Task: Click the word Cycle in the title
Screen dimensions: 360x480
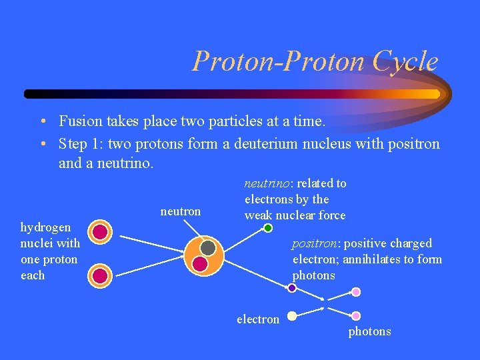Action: pyautogui.click(x=405, y=61)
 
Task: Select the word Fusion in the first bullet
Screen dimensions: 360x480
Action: pyautogui.click(x=80, y=121)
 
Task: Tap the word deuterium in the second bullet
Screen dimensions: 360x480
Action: pyautogui.click(x=266, y=144)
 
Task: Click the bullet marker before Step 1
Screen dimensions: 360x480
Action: pyautogui.click(x=42, y=144)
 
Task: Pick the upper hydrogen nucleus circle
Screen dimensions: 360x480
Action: pyautogui.click(x=100, y=232)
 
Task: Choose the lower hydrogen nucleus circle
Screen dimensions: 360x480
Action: pyautogui.click(x=100, y=275)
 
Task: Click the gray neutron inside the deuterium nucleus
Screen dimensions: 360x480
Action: pyautogui.click(x=208, y=248)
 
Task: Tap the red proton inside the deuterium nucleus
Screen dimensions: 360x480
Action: pyautogui.click(x=200, y=264)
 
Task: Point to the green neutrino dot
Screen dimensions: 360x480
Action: pyautogui.click(x=268, y=228)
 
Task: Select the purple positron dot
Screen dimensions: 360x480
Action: pyautogui.click(x=292, y=288)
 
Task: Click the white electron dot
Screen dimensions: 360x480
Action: pyautogui.click(x=292, y=316)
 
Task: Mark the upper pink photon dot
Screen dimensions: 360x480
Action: pyautogui.click(x=356, y=292)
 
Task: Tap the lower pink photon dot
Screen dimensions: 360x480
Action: pyautogui.click(x=356, y=316)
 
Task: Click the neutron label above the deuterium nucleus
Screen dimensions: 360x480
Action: pyautogui.click(x=180, y=211)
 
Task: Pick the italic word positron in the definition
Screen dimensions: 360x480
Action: pyautogui.click(x=315, y=243)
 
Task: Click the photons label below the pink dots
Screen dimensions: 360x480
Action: pyautogui.click(x=369, y=331)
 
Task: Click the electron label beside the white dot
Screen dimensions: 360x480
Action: pyautogui.click(x=258, y=319)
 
